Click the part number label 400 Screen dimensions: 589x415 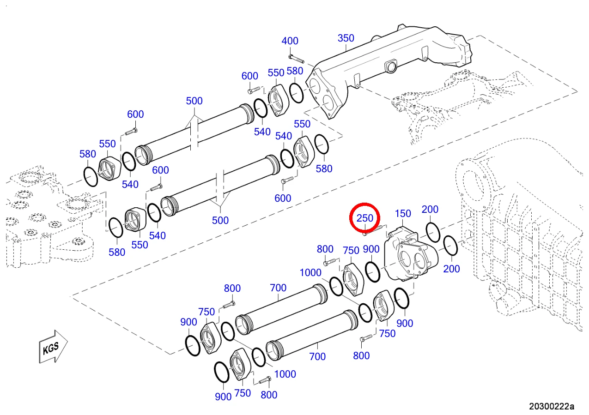pos(290,41)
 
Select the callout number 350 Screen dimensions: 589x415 pos(346,38)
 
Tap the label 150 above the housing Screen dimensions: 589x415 pos(403,214)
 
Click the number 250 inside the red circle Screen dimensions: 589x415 pos(364,218)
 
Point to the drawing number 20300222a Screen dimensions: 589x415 pos(552,406)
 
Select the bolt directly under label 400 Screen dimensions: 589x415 pos(296,59)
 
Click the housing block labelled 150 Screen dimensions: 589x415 pos(411,254)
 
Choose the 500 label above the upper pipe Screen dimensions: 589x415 pos(194,101)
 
